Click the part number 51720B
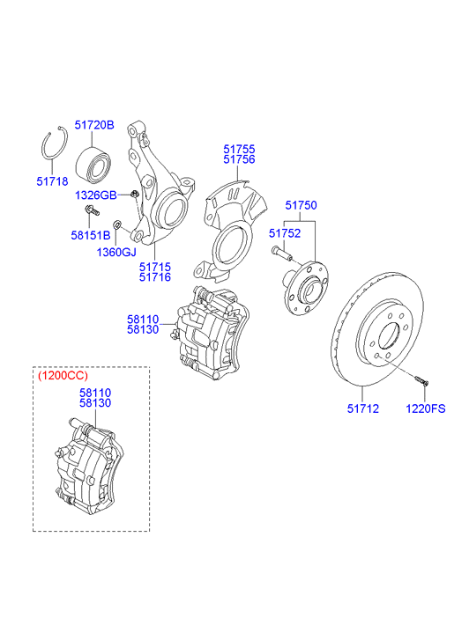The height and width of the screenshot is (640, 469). click(94, 125)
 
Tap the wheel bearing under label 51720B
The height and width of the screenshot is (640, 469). click(93, 165)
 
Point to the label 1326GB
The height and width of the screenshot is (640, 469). click(96, 195)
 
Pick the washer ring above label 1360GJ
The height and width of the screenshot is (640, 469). click(117, 224)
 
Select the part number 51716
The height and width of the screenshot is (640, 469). click(155, 277)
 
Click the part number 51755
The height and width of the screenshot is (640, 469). click(239, 149)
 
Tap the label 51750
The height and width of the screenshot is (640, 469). click(301, 205)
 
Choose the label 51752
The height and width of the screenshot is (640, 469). click(285, 233)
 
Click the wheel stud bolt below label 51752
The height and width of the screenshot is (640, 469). click(282, 253)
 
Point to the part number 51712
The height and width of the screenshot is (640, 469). click(363, 408)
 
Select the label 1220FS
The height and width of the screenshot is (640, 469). click(425, 408)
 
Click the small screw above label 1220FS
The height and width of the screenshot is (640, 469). click(421, 380)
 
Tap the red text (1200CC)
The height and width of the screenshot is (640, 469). click(63, 376)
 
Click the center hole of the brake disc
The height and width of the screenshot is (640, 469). click(389, 336)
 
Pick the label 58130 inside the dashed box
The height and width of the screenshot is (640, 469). click(95, 403)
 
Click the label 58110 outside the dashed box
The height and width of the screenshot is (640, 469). click(143, 320)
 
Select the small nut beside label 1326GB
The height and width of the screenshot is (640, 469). click(134, 194)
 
